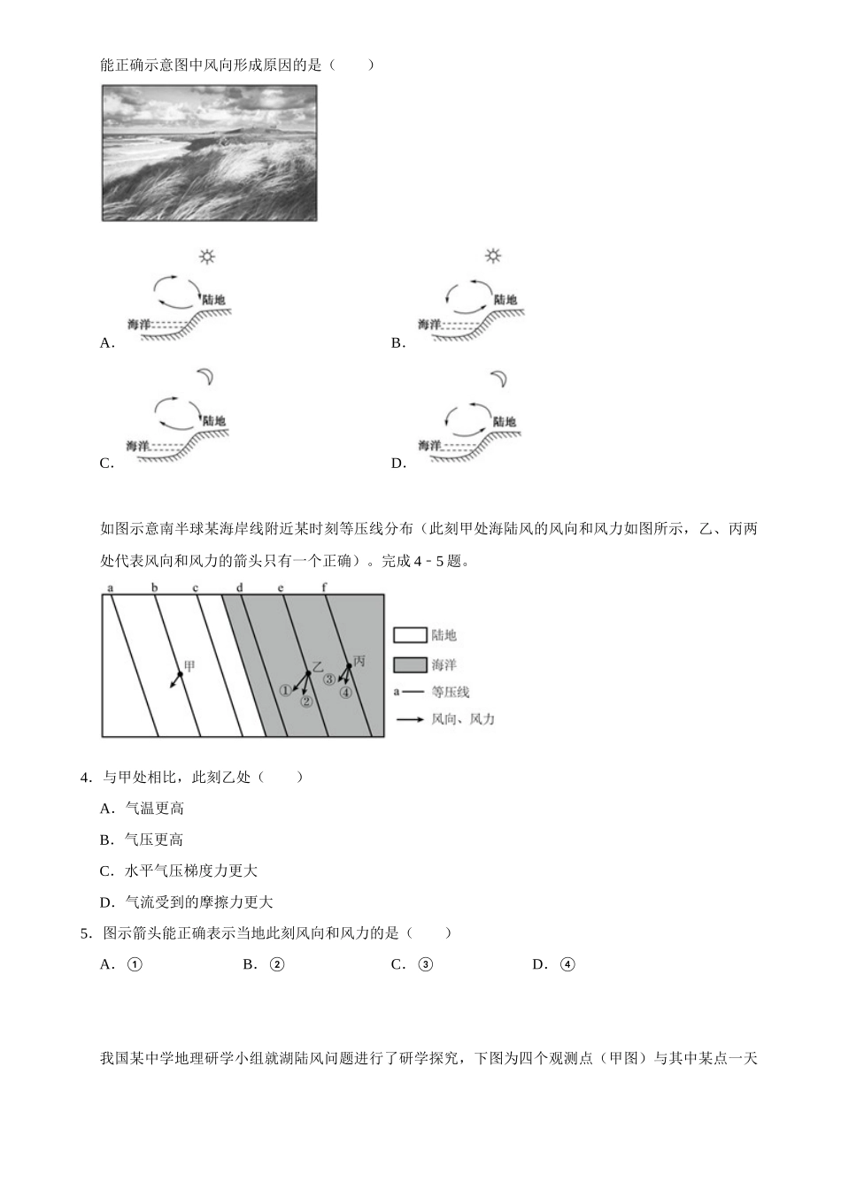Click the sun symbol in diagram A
pyautogui.click(x=207, y=257)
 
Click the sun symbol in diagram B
pyautogui.click(x=493, y=256)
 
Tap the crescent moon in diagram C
pyautogui.click(x=207, y=378)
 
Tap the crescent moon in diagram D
pyautogui.click(x=500, y=379)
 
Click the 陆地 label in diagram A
pyautogui.click(x=213, y=300)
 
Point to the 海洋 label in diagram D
pyautogui.click(x=429, y=445)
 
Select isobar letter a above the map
pyautogui.click(x=110, y=588)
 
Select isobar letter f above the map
pyautogui.click(x=324, y=588)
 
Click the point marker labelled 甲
pyautogui.click(x=180, y=675)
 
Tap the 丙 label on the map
pyautogui.click(x=359, y=661)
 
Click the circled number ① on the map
pyautogui.click(x=285, y=691)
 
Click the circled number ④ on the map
pyautogui.click(x=346, y=693)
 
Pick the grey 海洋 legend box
pyautogui.click(x=410, y=664)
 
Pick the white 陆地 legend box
pyautogui.click(x=410, y=635)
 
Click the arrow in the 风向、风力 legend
pyautogui.click(x=410, y=720)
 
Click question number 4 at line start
pyautogui.click(x=85, y=778)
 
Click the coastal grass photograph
pyautogui.click(x=209, y=153)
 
